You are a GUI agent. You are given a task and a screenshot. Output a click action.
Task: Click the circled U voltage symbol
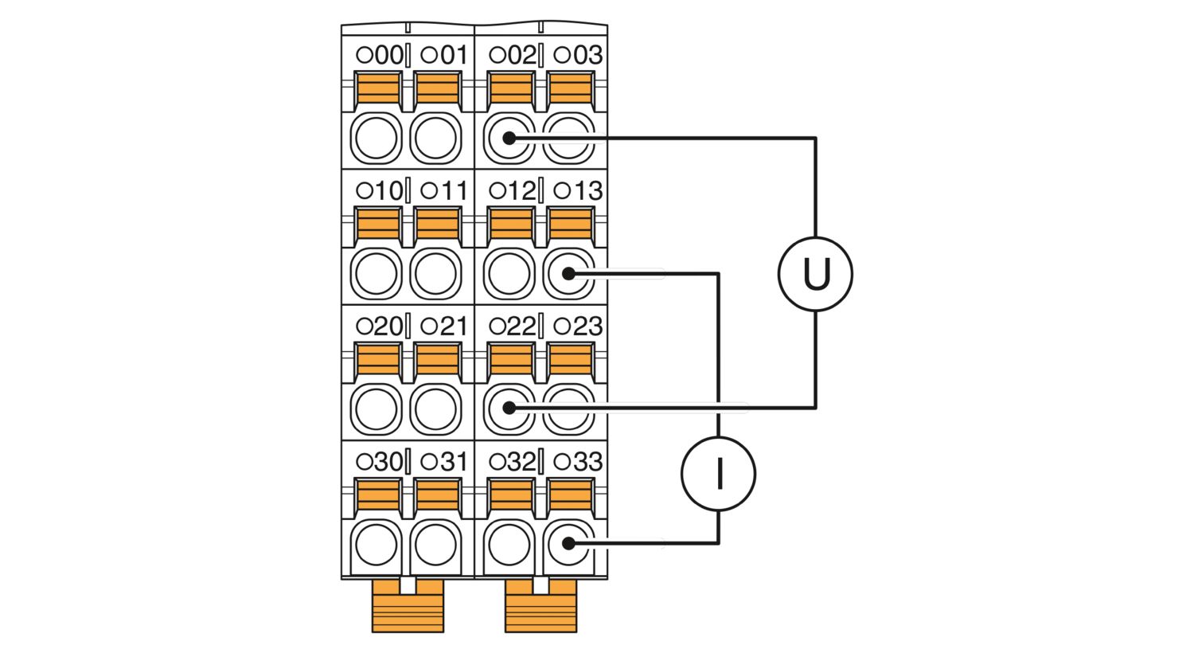coord(815,273)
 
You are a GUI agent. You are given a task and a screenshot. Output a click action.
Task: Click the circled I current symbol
coord(719,474)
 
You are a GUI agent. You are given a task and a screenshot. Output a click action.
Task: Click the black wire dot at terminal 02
coord(509,138)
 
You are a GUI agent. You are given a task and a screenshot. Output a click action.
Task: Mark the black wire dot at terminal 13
coord(568,273)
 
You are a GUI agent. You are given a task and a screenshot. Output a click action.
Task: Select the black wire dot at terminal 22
coord(509,408)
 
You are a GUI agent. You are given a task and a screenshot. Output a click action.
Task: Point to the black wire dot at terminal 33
coord(568,544)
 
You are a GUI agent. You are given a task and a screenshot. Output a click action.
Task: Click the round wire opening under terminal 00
coord(376,138)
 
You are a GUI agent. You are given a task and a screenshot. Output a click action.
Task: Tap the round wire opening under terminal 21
coord(435,409)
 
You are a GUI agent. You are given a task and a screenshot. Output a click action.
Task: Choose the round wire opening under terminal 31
coord(435,545)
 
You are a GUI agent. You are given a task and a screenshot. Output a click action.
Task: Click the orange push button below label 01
coord(437,88)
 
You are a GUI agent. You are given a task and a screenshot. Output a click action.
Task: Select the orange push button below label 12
coord(510,224)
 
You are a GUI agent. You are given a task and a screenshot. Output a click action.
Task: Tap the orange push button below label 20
coord(378,359)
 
